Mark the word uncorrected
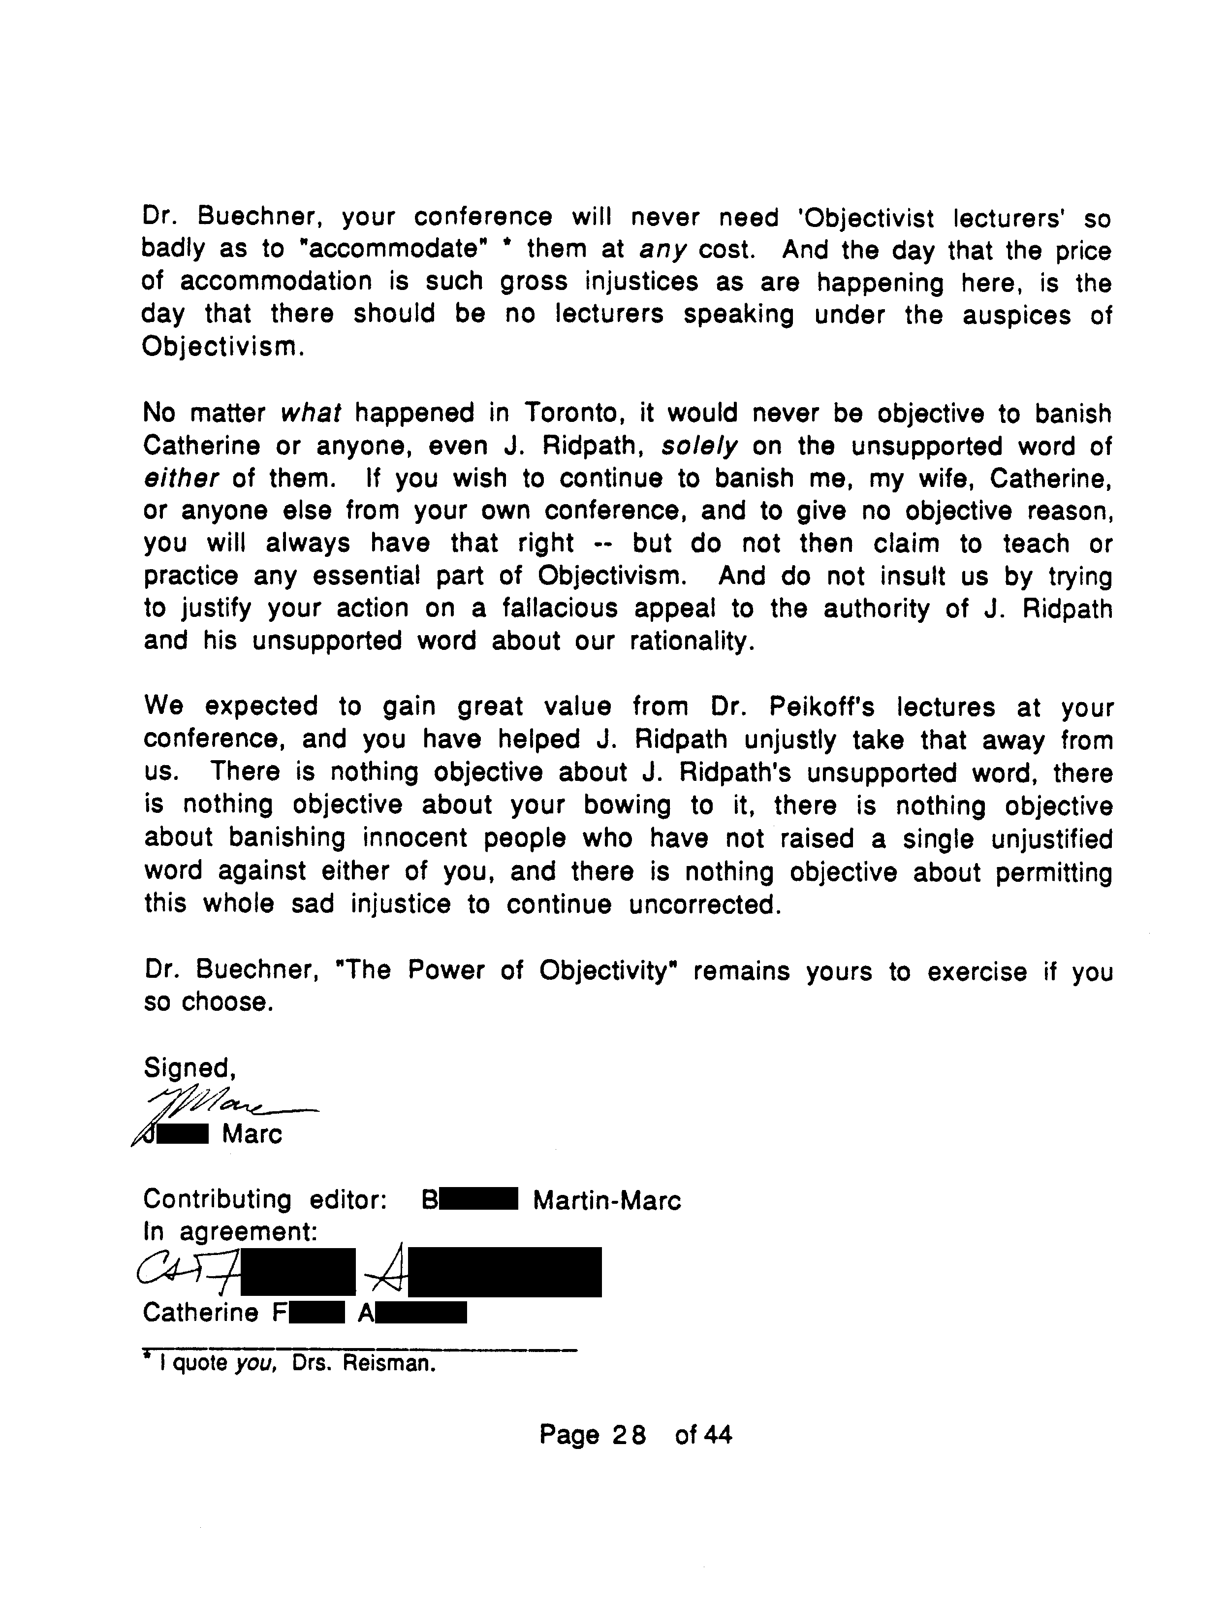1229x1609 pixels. click(x=705, y=905)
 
